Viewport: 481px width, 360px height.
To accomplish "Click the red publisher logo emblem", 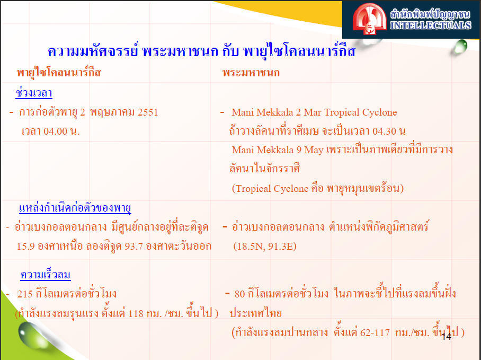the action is (x=369, y=19).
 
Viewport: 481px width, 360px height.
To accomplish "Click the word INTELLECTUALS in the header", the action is (x=431, y=25).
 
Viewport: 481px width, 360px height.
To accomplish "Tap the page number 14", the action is (x=447, y=337).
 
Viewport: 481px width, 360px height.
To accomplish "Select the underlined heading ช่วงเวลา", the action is (x=34, y=93).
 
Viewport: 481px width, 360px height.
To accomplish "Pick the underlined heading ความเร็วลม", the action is (x=46, y=274).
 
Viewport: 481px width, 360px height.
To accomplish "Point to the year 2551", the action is (x=148, y=112).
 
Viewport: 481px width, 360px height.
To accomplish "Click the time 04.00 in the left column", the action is (x=55, y=131).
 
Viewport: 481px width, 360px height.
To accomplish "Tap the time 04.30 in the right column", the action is (x=385, y=131).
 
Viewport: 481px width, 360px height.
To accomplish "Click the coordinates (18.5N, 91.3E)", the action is (x=265, y=247).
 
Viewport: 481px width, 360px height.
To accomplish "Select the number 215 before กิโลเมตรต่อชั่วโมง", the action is (x=25, y=294).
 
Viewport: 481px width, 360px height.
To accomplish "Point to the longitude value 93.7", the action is (x=134, y=247).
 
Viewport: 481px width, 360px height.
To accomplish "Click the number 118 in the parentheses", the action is (x=136, y=313).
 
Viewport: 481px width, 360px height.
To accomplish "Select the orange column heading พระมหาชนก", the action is (x=251, y=73).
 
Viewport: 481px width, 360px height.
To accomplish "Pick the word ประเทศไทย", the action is (x=255, y=313).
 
